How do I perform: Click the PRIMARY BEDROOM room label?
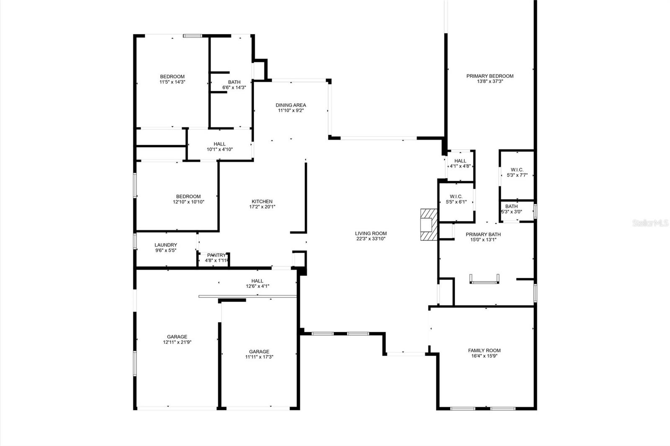[x=490, y=76]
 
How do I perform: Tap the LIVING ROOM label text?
[x=371, y=233]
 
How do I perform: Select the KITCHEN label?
[x=262, y=202]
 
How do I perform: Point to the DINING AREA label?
[x=291, y=105]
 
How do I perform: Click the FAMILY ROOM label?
[x=484, y=351]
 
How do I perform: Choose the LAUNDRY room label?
[x=166, y=245]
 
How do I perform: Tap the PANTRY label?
[x=216, y=255]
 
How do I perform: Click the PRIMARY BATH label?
[x=483, y=235]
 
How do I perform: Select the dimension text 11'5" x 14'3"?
[x=172, y=82]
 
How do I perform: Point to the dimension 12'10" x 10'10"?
[x=188, y=202]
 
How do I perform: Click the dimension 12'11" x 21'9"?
[x=177, y=342]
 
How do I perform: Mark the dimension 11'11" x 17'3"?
[x=259, y=357]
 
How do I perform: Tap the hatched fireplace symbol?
[x=429, y=225]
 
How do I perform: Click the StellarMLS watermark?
[x=650, y=223]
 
